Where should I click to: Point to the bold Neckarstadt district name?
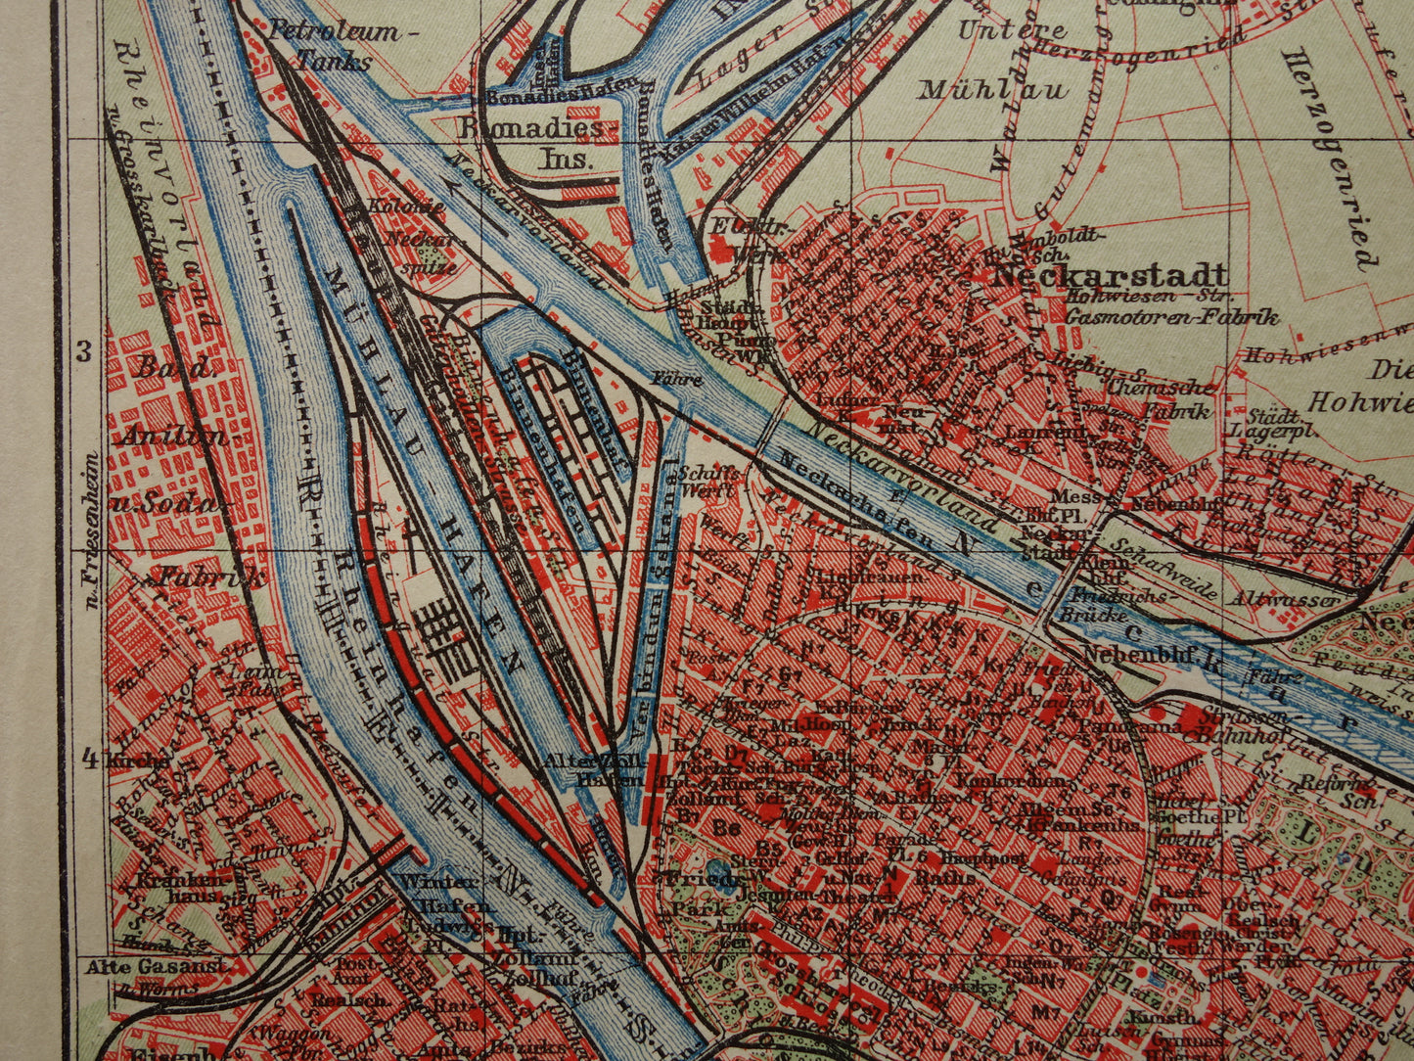(x=1108, y=274)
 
